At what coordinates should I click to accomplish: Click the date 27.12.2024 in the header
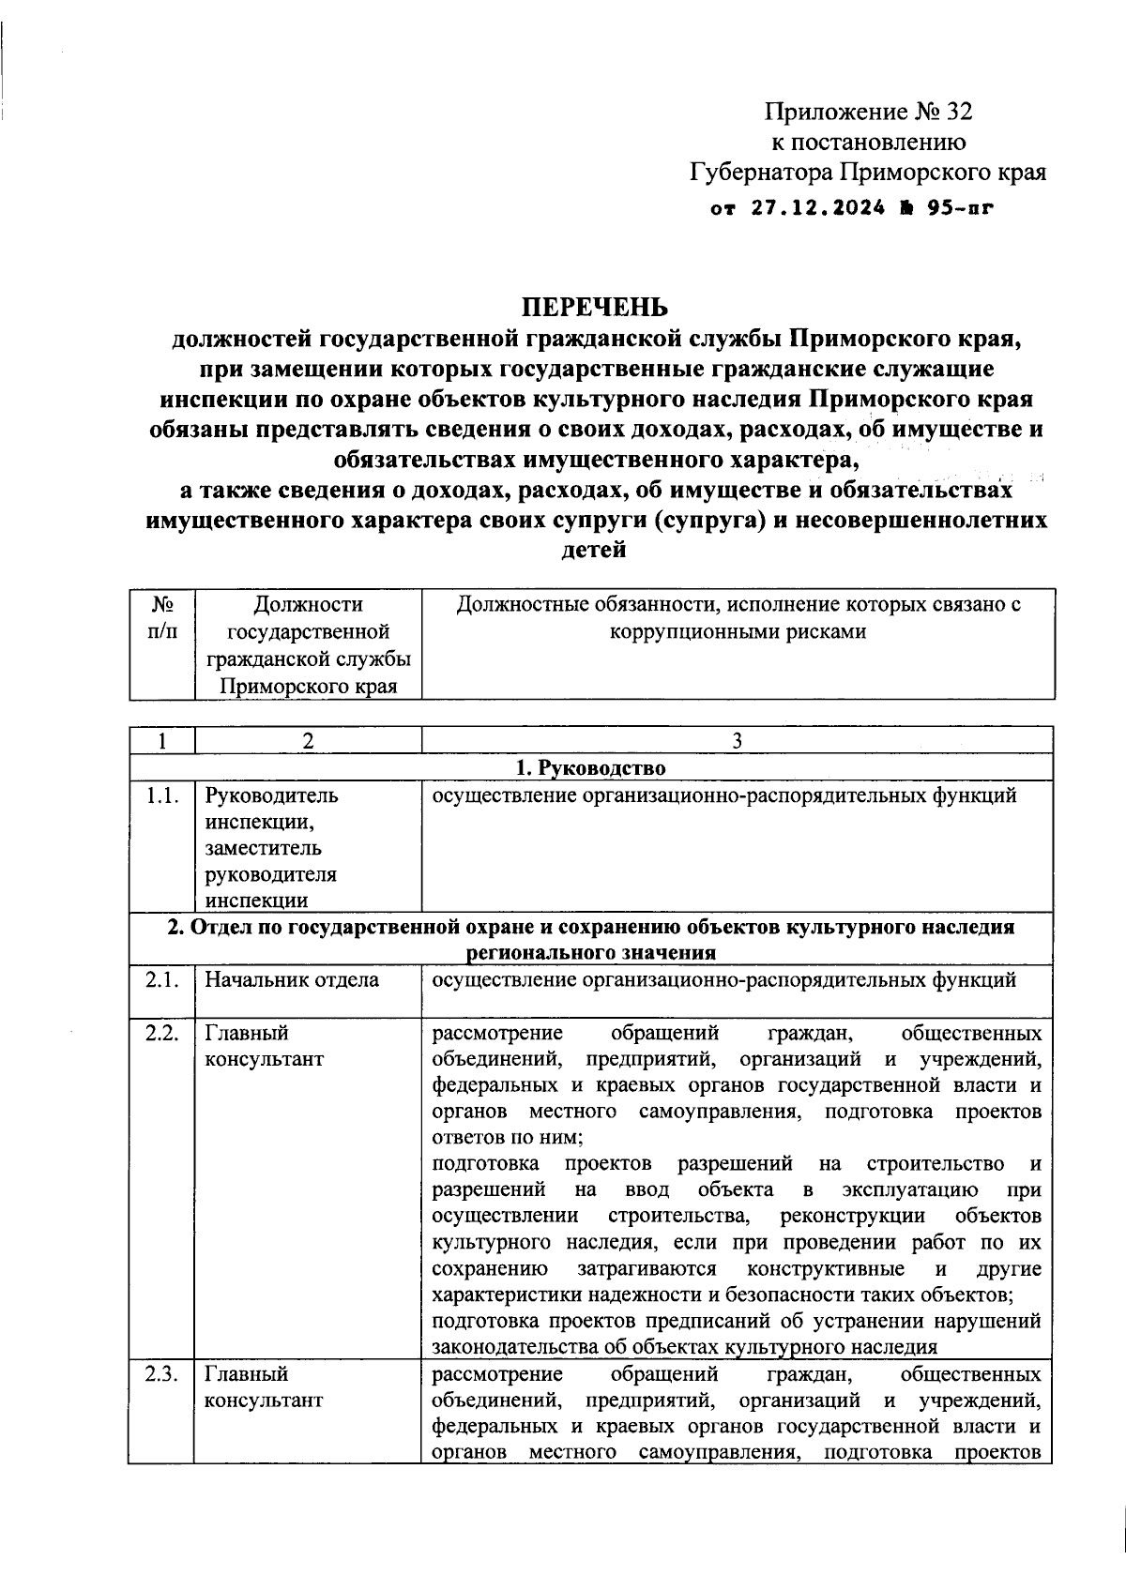pos(816,208)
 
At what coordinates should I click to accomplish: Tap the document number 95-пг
pos(959,208)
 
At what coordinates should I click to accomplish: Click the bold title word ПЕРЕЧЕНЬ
pos(596,308)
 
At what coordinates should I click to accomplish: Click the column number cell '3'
pos(738,741)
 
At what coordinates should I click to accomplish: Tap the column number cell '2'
pos(307,741)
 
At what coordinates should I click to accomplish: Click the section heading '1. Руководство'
pos(592,768)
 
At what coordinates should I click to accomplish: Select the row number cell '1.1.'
pos(161,796)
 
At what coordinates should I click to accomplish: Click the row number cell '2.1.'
pos(161,980)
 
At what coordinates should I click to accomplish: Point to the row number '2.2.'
pos(161,1033)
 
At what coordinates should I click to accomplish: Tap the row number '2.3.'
pos(161,1374)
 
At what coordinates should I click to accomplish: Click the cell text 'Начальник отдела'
pos(293,980)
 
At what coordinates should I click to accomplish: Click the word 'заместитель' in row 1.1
pos(264,849)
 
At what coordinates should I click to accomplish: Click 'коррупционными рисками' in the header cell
pos(738,631)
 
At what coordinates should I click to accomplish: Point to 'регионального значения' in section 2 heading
pos(592,953)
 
